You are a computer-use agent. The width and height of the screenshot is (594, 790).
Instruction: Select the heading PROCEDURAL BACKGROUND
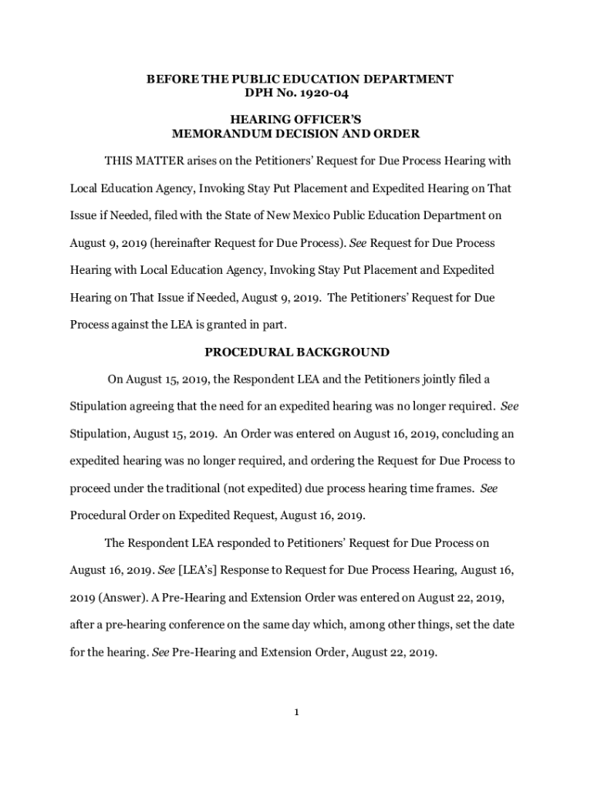296,353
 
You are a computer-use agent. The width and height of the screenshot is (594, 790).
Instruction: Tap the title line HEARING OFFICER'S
296,120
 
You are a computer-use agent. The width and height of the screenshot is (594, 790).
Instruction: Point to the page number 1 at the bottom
296,712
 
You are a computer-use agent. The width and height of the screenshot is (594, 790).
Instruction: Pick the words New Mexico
345,215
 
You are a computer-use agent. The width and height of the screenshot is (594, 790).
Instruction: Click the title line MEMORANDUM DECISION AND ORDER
296,133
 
